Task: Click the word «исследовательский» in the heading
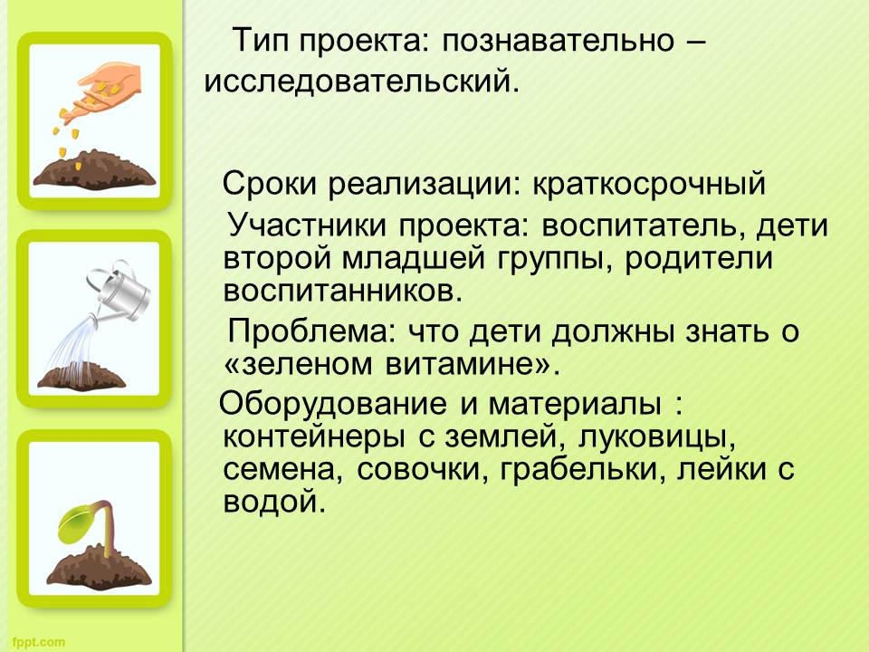[361, 81]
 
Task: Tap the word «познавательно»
[559, 40]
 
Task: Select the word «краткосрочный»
[649, 184]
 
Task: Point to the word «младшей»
[413, 259]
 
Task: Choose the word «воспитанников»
[342, 291]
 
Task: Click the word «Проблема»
[314, 331]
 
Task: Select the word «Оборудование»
[332, 405]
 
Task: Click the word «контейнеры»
[314, 436]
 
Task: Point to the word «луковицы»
[657, 438]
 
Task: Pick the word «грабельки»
[582, 470]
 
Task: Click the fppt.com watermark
[38, 643]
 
